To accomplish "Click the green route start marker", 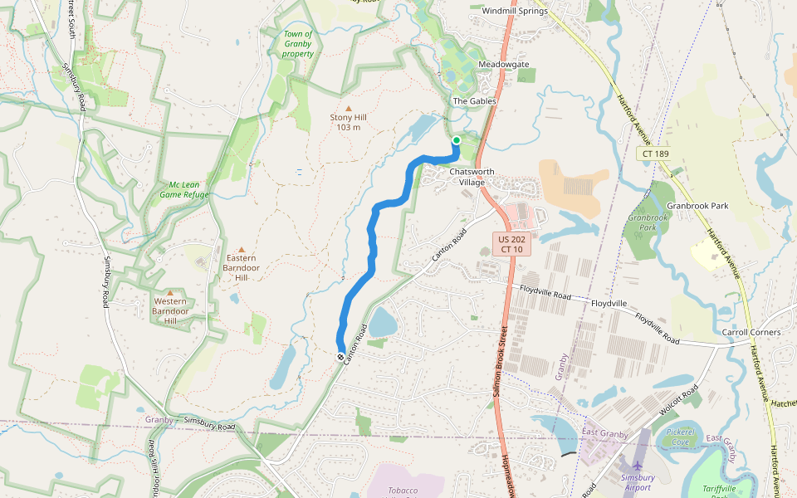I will click(x=456, y=140).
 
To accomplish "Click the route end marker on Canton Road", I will click(x=340, y=357).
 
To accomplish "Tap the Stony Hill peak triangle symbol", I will click(x=348, y=108).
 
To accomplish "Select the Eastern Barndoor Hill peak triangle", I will click(x=242, y=249).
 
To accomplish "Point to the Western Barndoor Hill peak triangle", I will click(x=170, y=293).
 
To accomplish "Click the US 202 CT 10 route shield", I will click(x=512, y=244).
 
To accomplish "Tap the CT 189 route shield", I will click(x=655, y=154).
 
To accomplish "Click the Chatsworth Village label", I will click(x=472, y=177).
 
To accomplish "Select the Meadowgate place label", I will click(x=503, y=64).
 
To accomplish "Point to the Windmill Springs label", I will click(x=515, y=11).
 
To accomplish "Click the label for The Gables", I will click(x=474, y=101).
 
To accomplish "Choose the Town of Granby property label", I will click(x=298, y=44).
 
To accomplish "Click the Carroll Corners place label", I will click(x=751, y=332).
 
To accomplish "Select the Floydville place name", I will click(x=609, y=305).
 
